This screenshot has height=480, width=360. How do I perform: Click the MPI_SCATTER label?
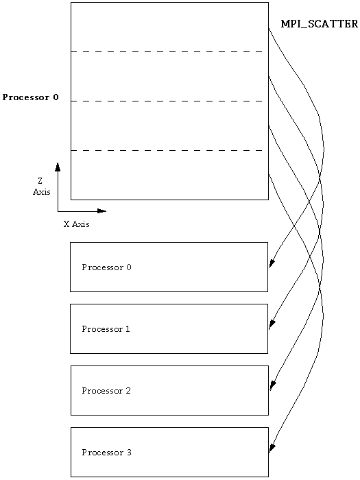click(x=320, y=24)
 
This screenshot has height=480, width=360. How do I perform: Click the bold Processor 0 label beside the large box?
click(x=30, y=97)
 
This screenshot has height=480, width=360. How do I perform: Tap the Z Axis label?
click(x=42, y=187)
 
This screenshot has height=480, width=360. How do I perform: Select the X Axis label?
click(x=77, y=224)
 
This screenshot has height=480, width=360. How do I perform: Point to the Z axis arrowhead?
click(x=58, y=167)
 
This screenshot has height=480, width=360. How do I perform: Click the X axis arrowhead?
click(x=101, y=211)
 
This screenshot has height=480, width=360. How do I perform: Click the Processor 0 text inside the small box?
click(x=106, y=267)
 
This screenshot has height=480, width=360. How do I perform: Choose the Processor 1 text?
click(x=106, y=329)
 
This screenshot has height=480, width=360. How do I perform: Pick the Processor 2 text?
click(x=106, y=391)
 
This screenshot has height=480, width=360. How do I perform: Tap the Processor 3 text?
click(x=106, y=453)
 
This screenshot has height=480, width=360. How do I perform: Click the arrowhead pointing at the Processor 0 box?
click(x=272, y=263)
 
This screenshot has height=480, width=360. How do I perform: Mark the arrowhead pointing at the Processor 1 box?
click(x=272, y=325)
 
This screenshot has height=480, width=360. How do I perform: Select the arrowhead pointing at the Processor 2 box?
click(x=272, y=385)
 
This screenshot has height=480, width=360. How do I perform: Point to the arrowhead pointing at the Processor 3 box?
click(x=272, y=448)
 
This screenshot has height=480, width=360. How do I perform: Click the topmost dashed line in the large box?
click(x=167, y=51)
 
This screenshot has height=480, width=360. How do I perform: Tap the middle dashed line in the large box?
click(x=167, y=101)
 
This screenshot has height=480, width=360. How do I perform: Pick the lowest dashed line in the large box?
click(x=167, y=150)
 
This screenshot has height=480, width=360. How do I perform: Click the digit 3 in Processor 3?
click(x=129, y=453)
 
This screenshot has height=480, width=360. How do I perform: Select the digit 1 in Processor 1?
click(x=128, y=329)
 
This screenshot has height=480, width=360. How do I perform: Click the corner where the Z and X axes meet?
click(x=58, y=211)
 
